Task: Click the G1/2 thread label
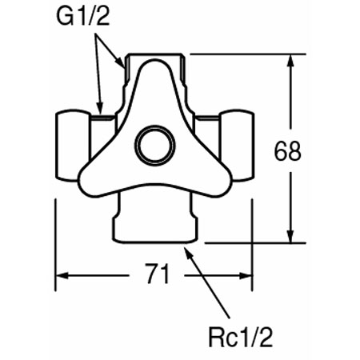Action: click(x=83, y=17)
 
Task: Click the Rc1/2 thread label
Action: click(x=241, y=338)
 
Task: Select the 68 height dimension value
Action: click(x=287, y=151)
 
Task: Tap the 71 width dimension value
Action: click(x=157, y=274)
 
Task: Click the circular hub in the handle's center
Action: click(x=155, y=145)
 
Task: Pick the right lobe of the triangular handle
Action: click(x=218, y=181)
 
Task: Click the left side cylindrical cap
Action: click(x=72, y=146)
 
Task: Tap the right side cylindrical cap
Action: click(x=237, y=146)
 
